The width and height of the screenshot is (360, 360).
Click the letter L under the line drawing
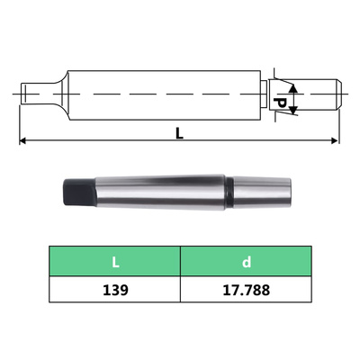179,133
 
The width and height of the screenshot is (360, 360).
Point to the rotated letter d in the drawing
280,105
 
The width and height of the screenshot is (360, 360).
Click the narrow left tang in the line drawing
31,92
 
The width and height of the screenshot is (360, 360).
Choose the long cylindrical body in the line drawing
162,92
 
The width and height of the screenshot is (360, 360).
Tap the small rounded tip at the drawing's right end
335,92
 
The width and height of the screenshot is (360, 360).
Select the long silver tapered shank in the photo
153,192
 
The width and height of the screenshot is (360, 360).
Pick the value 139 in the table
114,291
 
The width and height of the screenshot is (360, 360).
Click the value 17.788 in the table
246,291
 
